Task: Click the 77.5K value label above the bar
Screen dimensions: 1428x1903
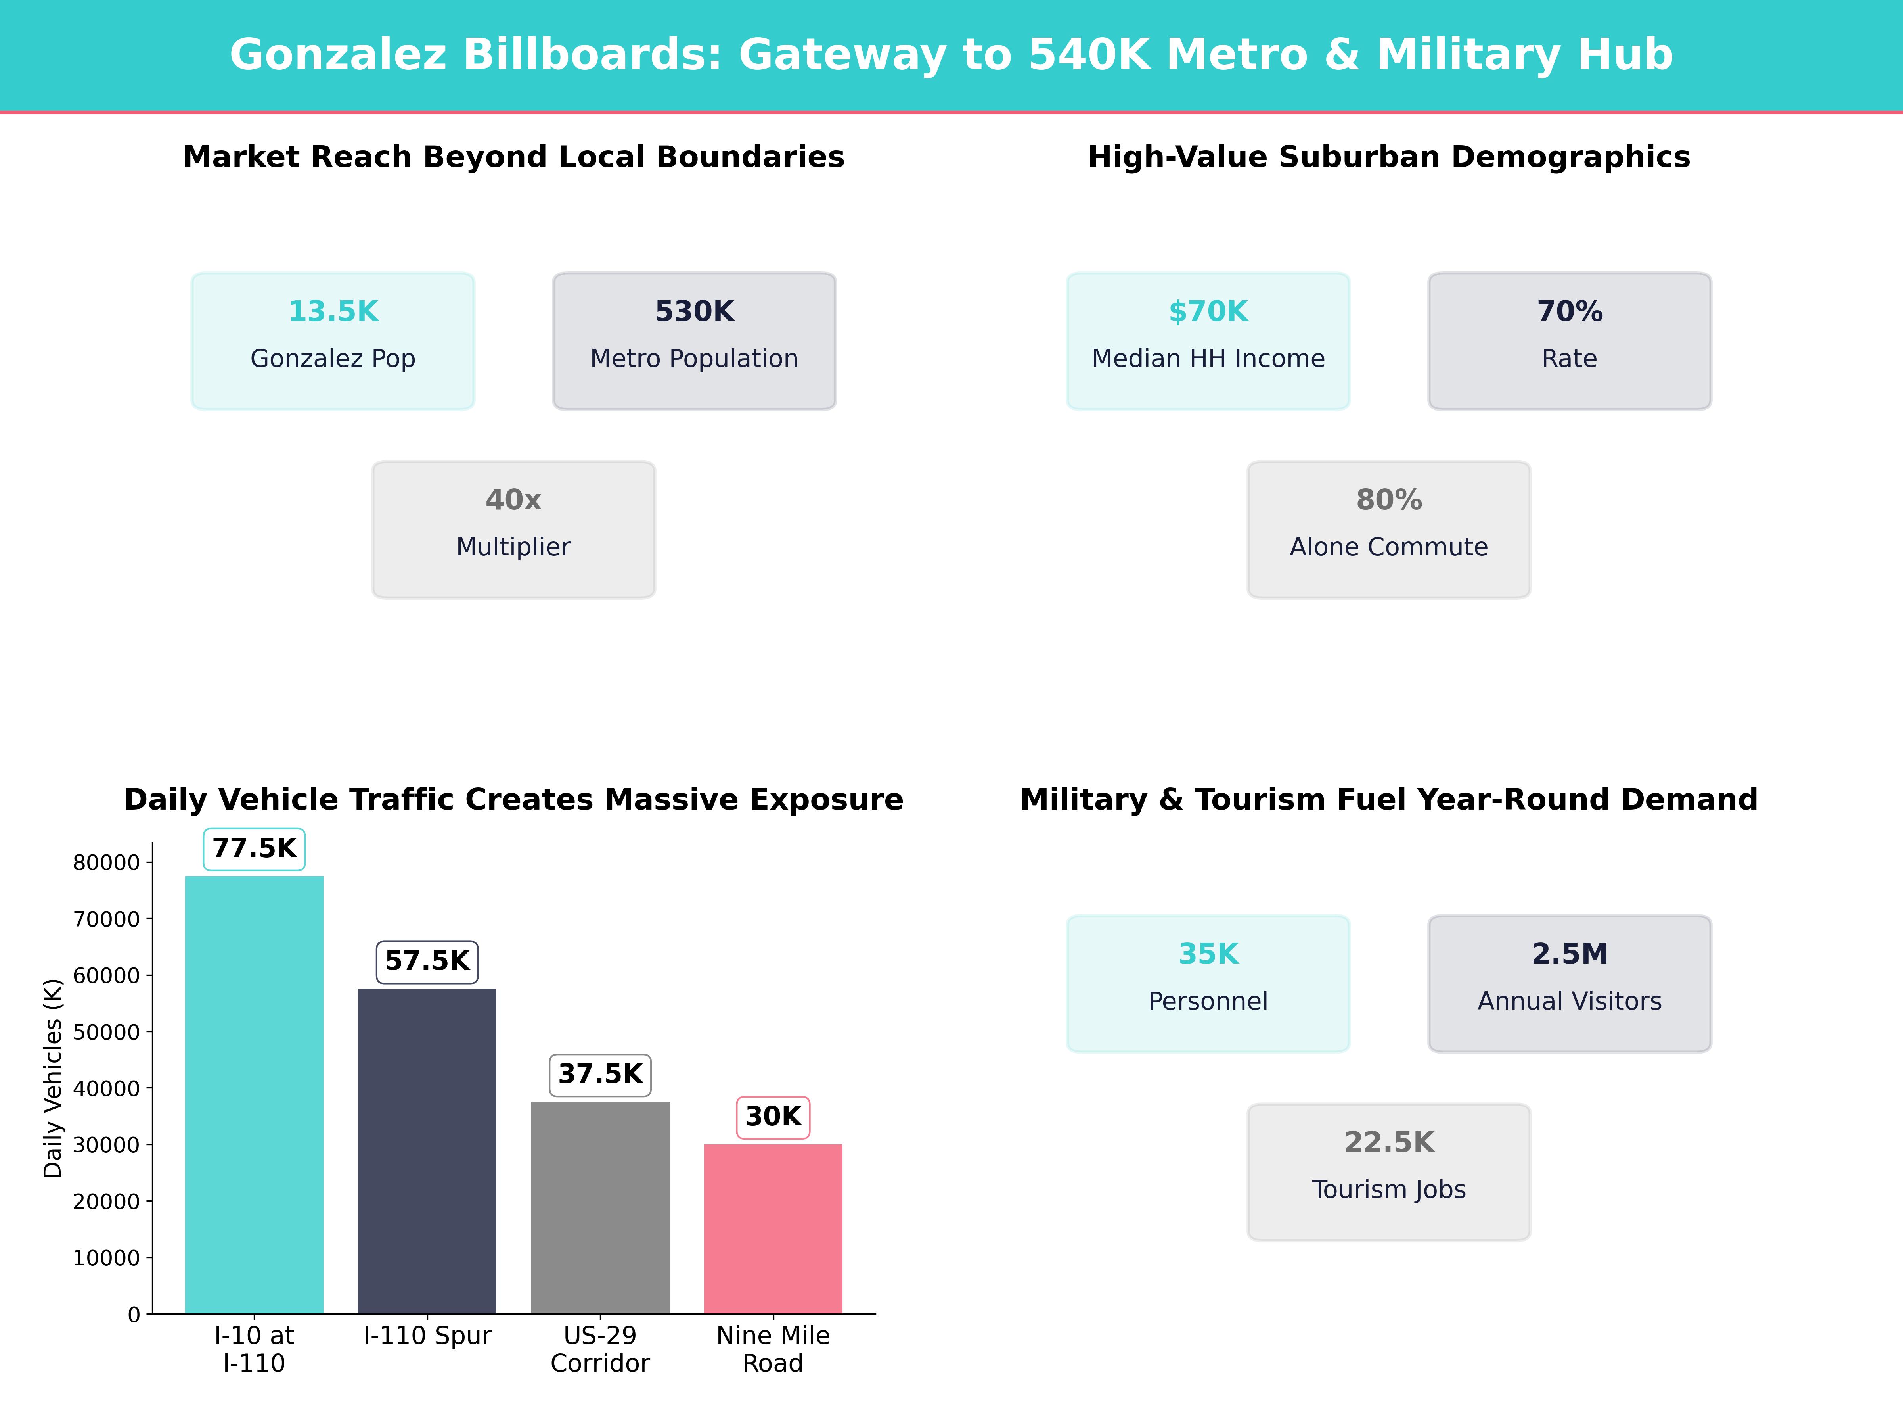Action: click(254, 849)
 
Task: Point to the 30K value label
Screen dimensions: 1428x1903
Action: click(773, 1116)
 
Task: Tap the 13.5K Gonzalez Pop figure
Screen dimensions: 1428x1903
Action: click(333, 312)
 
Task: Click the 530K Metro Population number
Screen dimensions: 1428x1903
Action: click(694, 312)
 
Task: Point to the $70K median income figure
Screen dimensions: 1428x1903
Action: click(1208, 312)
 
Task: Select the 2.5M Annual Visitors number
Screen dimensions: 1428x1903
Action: click(1569, 954)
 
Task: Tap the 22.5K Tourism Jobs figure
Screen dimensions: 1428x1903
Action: click(1388, 1142)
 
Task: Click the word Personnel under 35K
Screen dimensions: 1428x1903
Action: click(1208, 1001)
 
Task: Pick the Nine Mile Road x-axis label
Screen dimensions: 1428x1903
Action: click(773, 1349)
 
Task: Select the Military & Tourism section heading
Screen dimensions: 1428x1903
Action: click(1388, 800)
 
